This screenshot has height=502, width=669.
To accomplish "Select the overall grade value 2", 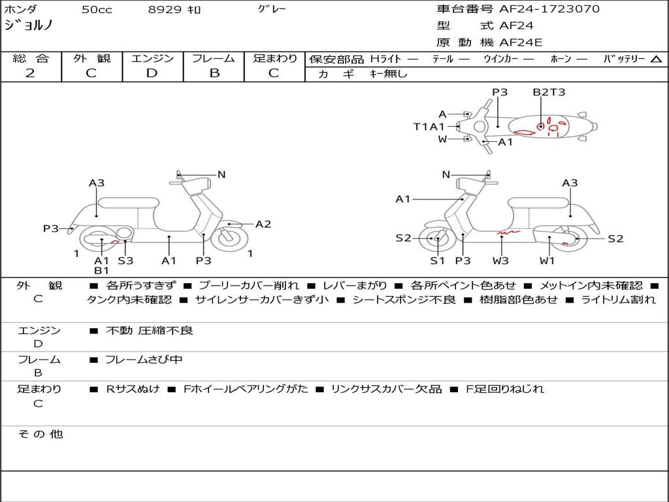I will point(30,73).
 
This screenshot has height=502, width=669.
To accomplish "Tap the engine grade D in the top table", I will point(152,73).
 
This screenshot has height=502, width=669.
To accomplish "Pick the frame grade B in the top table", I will point(214,73).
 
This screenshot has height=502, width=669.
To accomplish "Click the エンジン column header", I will point(152,58).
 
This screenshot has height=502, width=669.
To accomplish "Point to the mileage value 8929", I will point(166,10).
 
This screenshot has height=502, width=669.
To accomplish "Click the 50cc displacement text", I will point(97,10).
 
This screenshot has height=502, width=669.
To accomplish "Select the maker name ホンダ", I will point(21,10).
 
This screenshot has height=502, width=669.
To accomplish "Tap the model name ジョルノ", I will point(29,26).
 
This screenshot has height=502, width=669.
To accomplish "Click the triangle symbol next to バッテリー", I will point(656,59).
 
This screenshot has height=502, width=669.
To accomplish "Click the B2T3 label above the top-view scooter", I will point(549,92).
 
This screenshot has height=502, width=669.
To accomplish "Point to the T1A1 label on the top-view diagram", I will point(429,127).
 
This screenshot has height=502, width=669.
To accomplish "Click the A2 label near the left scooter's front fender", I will point(263,224).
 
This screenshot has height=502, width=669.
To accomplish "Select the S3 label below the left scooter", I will point(125,260).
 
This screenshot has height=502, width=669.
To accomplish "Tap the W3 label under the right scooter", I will point(501,260).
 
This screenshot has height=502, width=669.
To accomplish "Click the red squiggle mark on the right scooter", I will point(506,231).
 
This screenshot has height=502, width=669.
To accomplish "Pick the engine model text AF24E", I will point(521,43).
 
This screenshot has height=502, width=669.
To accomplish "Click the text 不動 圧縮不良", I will point(150,331).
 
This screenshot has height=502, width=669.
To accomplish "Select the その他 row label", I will point(40,433).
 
